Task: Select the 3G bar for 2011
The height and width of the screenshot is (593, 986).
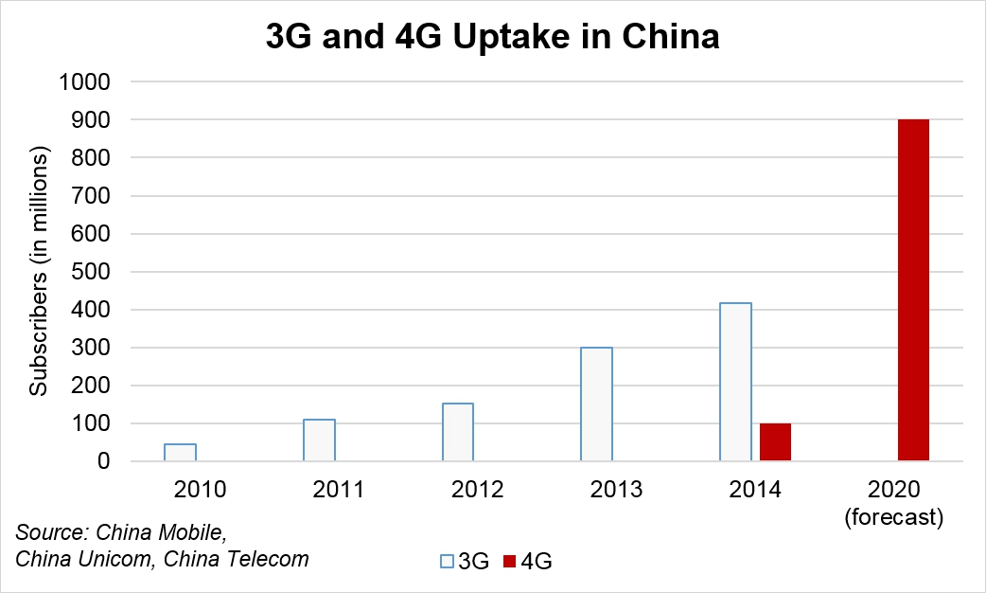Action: tap(319, 440)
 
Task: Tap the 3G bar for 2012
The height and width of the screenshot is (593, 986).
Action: tap(458, 432)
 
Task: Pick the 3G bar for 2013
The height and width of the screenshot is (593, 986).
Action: tap(597, 404)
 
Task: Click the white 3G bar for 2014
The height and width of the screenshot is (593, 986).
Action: tap(736, 382)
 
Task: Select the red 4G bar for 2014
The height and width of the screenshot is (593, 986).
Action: tap(775, 442)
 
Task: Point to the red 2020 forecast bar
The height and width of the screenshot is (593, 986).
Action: tap(913, 291)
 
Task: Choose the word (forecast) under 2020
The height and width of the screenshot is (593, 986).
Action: tap(895, 517)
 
